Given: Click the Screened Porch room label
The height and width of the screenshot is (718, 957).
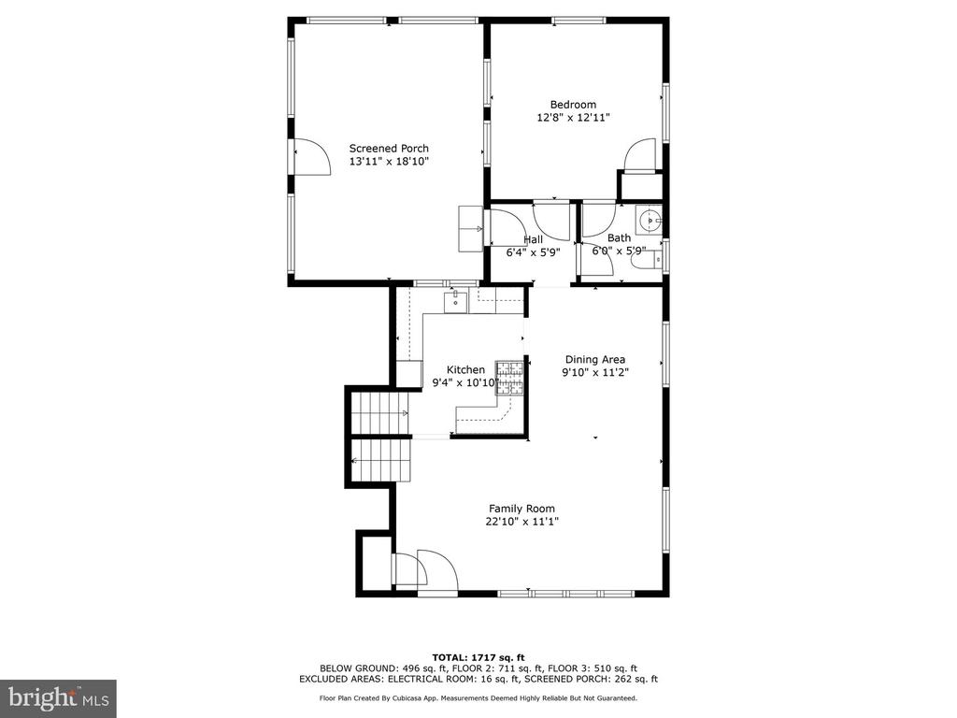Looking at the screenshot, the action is (389, 149).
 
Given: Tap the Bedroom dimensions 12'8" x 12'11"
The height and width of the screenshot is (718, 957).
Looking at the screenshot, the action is (573, 118).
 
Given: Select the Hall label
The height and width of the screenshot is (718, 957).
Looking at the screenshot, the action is (533, 239).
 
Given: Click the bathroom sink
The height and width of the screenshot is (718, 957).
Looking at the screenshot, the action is (650, 219).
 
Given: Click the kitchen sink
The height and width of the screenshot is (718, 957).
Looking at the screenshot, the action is (455, 301).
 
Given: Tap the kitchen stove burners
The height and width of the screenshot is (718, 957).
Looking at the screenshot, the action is (509, 378).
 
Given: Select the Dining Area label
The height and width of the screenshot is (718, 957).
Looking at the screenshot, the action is (595, 360).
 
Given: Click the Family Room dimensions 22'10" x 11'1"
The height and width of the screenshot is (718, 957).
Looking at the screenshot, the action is (521, 522).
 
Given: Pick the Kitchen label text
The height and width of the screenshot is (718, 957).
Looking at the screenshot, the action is (465, 370).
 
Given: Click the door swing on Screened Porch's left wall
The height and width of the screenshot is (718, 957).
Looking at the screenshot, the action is (312, 156).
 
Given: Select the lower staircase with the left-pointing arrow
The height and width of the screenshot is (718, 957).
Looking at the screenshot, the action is (381, 460).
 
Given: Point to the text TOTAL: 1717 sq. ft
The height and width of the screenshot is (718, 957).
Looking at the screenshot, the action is (478, 657).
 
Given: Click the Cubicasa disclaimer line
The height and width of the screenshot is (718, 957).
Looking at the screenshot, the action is (478, 697).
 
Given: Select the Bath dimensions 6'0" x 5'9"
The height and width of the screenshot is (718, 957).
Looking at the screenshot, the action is (619, 251).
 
